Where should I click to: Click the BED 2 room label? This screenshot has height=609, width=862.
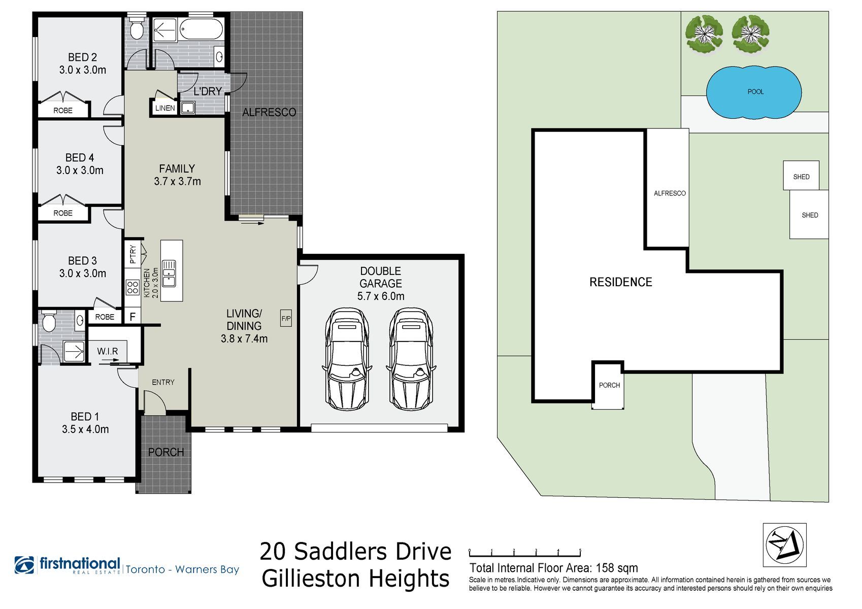[x=82, y=57]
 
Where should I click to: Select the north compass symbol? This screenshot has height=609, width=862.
[x=785, y=545]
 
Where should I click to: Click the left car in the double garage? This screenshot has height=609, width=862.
[x=347, y=359]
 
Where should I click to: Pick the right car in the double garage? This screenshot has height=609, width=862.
[x=411, y=359]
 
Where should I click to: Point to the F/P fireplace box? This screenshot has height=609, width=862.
[x=286, y=318]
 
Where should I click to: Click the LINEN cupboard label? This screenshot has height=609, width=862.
[x=165, y=108]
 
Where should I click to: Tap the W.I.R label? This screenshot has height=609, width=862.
[x=107, y=351]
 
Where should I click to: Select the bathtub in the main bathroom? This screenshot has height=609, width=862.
[x=202, y=29]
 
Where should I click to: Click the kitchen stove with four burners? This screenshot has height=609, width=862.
[x=133, y=287]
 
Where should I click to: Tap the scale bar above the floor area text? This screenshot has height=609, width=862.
[x=524, y=553]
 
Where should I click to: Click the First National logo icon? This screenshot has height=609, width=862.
[x=24, y=565]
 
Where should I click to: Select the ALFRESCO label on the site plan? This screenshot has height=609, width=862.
[x=670, y=193]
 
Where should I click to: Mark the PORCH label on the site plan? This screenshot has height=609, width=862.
[x=609, y=385]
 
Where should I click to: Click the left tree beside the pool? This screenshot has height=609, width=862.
[x=704, y=33]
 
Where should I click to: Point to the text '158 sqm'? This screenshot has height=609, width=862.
[x=616, y=568]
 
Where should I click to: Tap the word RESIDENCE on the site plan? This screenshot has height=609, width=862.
[x=621, y=282]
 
